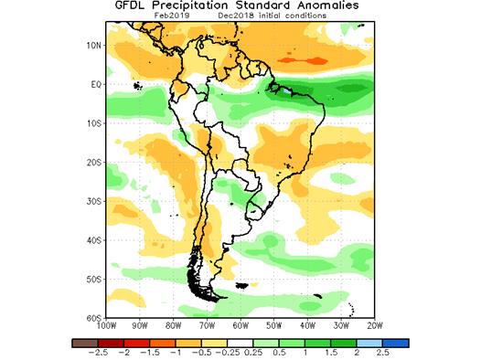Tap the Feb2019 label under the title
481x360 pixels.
click(x=173, y=16)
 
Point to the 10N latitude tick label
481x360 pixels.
click(x=91, y=45)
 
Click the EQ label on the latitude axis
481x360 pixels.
click(x=93, y=84)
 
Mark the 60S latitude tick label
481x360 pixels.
click(x=91, y=317)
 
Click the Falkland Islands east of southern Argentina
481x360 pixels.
click(x=242, y=286)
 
